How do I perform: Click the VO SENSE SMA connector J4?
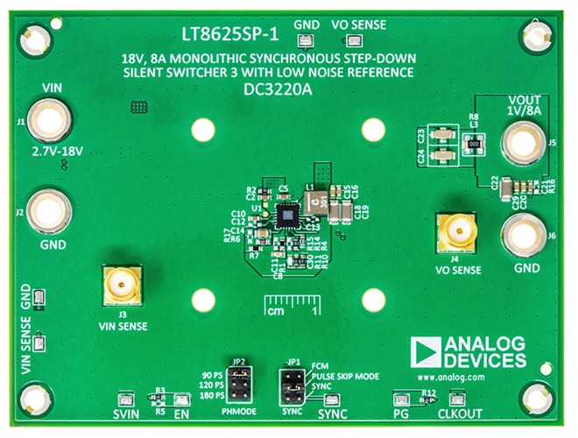[456, 231]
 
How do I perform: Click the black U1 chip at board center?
[286, 214]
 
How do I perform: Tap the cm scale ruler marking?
[290, 307]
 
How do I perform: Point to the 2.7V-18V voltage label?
[57, 151]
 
